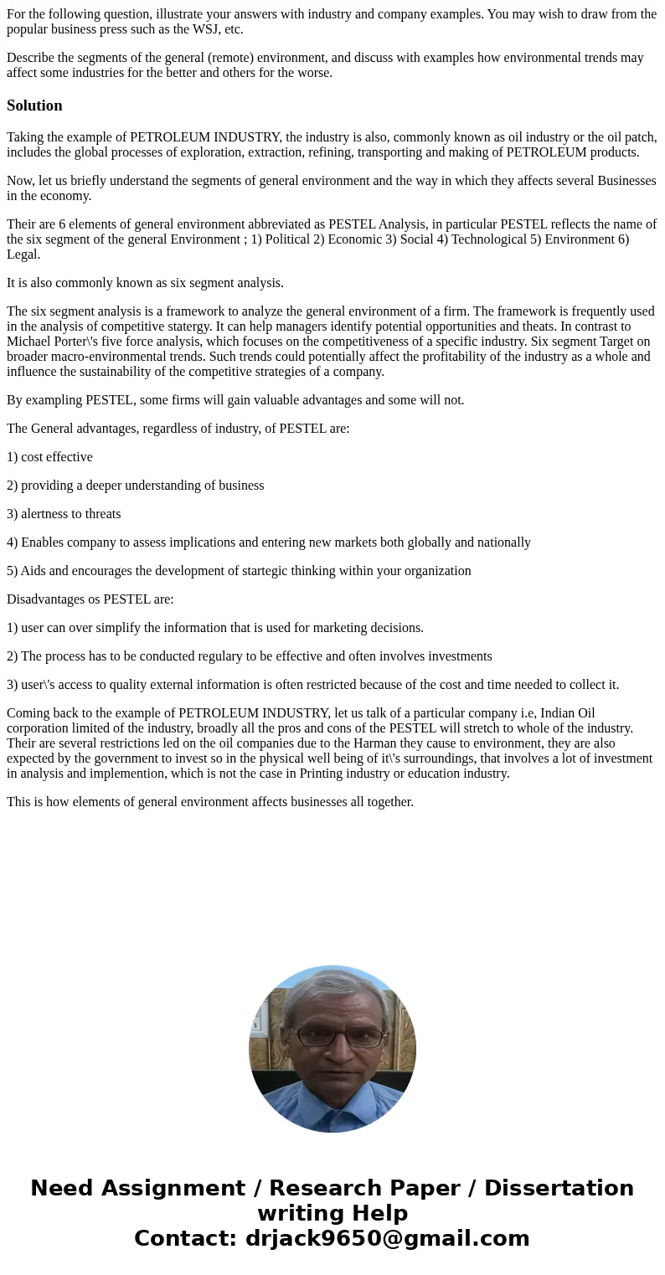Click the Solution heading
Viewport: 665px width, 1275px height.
click(x=34, y=105)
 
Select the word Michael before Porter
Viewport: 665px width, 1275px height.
click(x=30, y=342)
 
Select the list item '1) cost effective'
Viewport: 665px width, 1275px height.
click(x=49, y=457)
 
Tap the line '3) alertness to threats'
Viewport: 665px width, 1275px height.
click(x=64, y=514)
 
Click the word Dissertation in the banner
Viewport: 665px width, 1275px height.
click(x=559, y=1188)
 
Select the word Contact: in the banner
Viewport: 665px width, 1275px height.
click(x=185, y=1238)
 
